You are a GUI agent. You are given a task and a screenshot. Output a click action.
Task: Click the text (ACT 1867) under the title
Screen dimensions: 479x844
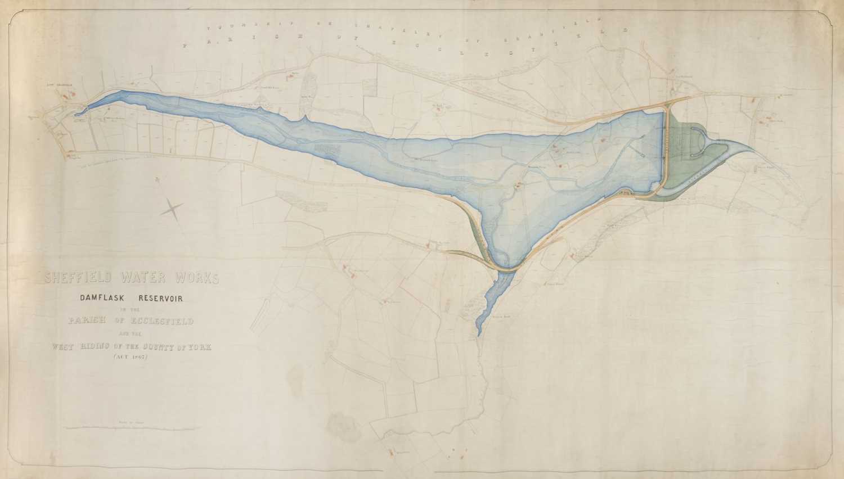(x=131, y=358)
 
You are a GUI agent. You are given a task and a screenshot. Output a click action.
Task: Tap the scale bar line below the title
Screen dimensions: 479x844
(x=131, y=428)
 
